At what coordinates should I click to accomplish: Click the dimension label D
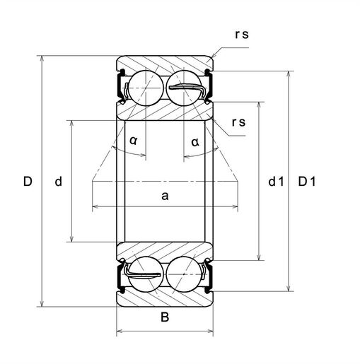pos(28,182)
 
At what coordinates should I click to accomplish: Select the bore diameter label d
pos(59,182)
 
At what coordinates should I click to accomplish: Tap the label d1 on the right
pos(276,182)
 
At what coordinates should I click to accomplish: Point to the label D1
pos(307,182)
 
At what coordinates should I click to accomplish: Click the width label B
pos(165,317)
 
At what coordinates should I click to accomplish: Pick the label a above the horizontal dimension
pos(165,196)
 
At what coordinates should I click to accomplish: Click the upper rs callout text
pos(242,35)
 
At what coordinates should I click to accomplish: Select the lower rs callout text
pos(238,122)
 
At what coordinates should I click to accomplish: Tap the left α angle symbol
pos(134,141)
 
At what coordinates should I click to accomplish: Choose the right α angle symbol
pos(195,142)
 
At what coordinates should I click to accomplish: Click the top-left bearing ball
pos(146,88)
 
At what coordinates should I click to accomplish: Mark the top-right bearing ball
pos(184,88)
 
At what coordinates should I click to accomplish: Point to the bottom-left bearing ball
pos(146,274)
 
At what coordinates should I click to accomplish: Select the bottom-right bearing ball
pos(184,274)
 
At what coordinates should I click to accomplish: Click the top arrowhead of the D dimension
pos(42,59)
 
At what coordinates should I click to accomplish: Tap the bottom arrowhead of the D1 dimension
pos(288,288)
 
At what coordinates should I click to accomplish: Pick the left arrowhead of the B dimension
pos(120,331)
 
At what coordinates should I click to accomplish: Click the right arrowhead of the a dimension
pos(235,206)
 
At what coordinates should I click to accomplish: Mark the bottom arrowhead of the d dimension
pos(72,239)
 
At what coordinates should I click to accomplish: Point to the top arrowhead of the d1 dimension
pos(259,105)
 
